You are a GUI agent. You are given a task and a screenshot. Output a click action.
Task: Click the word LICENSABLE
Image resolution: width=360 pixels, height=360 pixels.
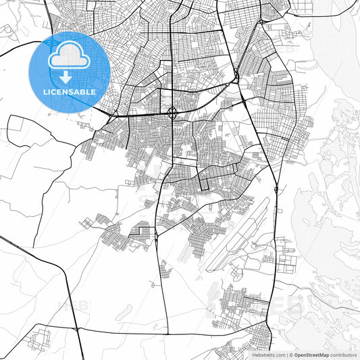pos(70,91)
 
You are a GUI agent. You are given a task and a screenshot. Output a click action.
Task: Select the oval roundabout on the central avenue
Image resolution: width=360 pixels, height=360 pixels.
pos(172,113)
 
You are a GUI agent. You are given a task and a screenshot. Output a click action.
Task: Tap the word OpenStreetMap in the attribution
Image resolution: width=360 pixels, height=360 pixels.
pos(311,354)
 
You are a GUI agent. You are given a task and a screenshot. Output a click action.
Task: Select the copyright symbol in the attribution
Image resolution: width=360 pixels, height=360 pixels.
pos(290,354)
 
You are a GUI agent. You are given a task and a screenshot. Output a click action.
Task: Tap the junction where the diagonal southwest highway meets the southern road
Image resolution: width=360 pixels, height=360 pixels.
pos(77,329)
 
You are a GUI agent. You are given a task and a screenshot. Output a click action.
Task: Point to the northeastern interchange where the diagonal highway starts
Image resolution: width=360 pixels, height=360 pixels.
pos(236,76)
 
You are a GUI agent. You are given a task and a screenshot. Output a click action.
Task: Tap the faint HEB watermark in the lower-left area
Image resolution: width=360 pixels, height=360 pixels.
pos(73,305)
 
